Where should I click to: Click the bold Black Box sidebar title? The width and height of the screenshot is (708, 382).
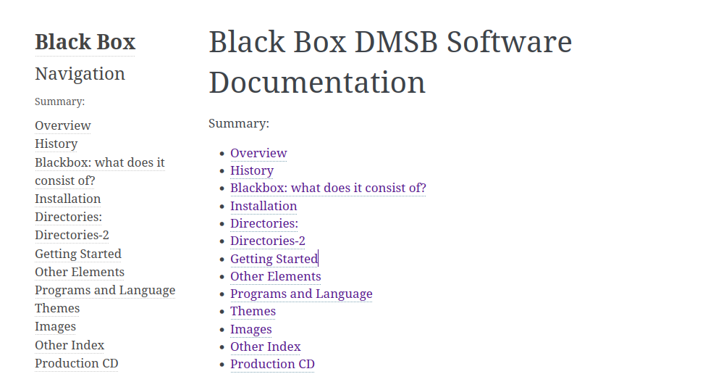[85, 42]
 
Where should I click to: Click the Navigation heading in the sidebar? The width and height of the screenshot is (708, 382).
[80, 74]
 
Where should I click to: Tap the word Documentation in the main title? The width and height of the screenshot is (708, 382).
[317, 83]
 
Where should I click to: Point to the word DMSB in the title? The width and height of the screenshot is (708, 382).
[396, 42]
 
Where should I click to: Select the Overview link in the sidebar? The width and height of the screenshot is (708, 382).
[63, 125]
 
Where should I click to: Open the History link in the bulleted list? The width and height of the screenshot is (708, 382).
[252, 170]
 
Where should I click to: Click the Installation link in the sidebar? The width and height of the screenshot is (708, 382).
[68, 199]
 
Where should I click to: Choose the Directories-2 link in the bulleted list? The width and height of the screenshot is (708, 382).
[268, 241]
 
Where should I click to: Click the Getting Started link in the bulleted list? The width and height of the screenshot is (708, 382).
[274, 259]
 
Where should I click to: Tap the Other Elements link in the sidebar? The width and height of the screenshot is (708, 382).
[80, 272]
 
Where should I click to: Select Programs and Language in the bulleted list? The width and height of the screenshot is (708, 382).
[301, 294]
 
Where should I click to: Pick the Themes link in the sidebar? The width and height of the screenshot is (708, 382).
[57, 308]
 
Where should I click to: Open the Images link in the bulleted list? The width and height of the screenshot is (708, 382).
[251, 330]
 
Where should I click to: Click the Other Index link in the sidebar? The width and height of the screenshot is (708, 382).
[69, 345]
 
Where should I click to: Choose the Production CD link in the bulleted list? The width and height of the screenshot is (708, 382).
[272, 365]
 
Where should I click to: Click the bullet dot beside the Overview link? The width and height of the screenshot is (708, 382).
[222, 154]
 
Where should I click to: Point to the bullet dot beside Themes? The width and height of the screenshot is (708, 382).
[222, 312]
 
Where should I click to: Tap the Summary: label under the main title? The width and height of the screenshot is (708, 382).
[239, 124]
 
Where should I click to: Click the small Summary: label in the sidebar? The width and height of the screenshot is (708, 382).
[59, 101]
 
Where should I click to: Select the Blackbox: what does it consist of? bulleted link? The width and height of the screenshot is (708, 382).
[328, 188]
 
